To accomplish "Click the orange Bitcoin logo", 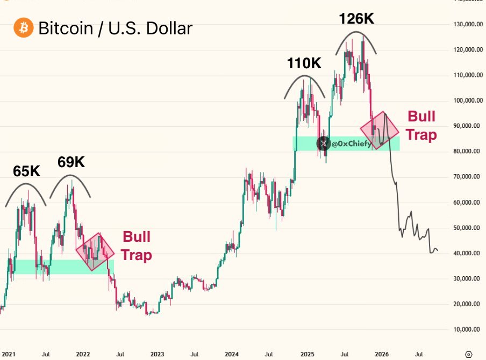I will click(23, 27).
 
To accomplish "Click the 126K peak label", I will click(356, 19).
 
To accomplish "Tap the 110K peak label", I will click(304, 63).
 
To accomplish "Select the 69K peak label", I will click(72, 162).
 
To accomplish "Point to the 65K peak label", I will click(27, 171).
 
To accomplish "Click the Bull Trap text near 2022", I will click(137, 246).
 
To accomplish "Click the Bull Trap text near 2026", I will click(421, 125).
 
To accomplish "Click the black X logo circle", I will click(324, 143).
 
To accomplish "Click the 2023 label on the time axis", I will click(158, 354).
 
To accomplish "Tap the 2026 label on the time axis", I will click(382, 354).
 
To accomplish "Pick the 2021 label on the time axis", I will click(8, 354).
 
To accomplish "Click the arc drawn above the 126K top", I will click(355, 33).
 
